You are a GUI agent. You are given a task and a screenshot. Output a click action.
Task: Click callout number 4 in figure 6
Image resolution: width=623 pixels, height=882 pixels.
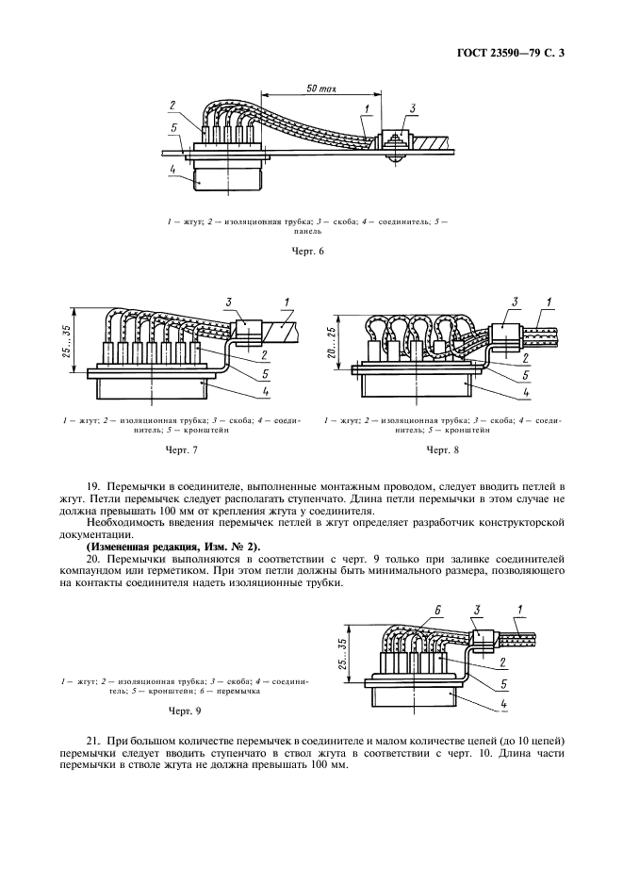click(x=172, y=170)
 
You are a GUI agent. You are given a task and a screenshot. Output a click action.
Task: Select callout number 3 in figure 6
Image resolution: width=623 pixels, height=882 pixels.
click(x=412, y=108)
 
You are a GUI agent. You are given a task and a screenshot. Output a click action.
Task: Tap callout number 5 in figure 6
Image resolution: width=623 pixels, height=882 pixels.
click(x=172, y=126)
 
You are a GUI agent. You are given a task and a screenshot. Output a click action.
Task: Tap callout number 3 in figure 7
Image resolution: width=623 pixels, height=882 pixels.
click(x=229, y=302)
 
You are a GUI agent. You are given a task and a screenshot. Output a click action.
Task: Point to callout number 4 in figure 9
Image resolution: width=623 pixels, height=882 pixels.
click(x=505, y=703)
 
